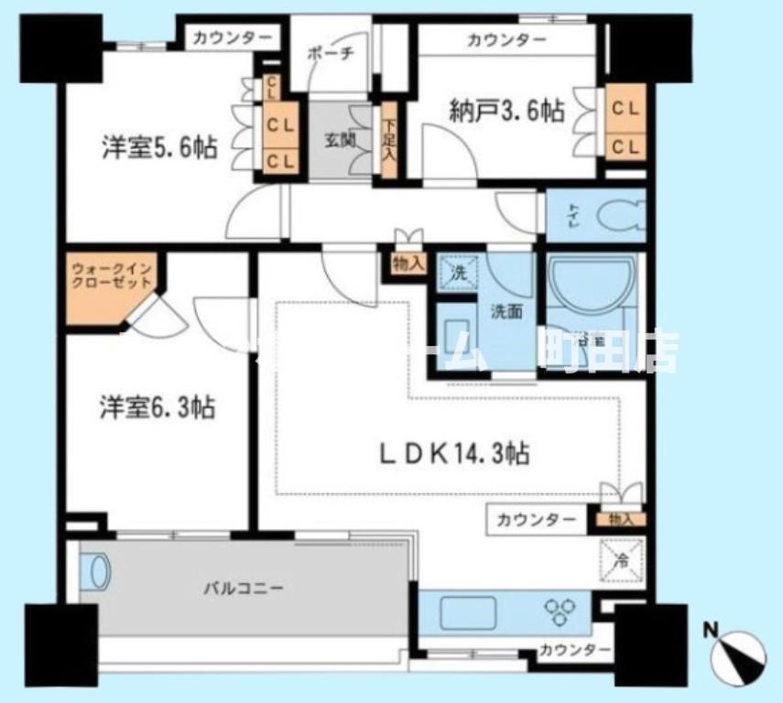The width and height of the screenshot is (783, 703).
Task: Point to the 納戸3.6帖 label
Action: (506, 112)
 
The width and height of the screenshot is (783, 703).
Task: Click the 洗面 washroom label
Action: (505, 311)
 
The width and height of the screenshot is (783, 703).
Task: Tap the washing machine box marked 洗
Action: (458, 272)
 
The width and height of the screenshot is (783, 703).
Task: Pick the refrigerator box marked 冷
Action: (622, 559)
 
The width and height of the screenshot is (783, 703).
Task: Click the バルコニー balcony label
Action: (244, 587)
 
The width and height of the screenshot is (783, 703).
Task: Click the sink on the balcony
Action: (100, 573)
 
